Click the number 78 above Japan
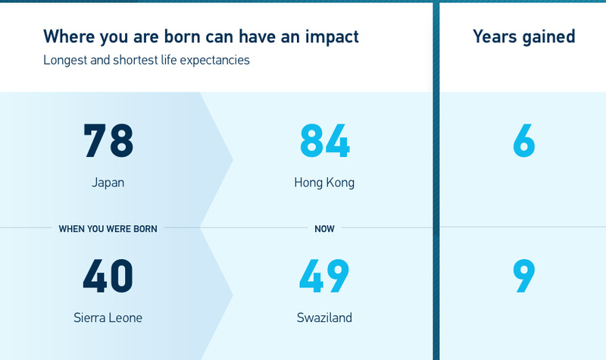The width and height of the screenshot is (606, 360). point(108,140)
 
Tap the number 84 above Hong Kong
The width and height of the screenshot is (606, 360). point(325,140)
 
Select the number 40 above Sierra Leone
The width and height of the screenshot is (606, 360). point(108,276)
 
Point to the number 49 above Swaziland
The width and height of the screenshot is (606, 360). point(324,276)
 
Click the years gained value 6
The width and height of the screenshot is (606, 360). point(524,140)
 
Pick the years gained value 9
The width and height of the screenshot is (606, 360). point(524,276)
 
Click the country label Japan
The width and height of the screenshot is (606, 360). point(108,183)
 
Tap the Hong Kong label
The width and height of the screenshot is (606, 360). point(324,183)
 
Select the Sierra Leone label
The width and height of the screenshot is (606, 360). point(108,318)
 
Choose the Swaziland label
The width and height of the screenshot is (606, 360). point(324,318)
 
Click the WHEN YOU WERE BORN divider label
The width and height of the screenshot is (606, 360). point(108,229)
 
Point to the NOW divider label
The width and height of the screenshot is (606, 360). point(324,229)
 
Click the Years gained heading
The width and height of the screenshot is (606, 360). point(524,37)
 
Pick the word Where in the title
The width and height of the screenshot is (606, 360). point(69,36)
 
